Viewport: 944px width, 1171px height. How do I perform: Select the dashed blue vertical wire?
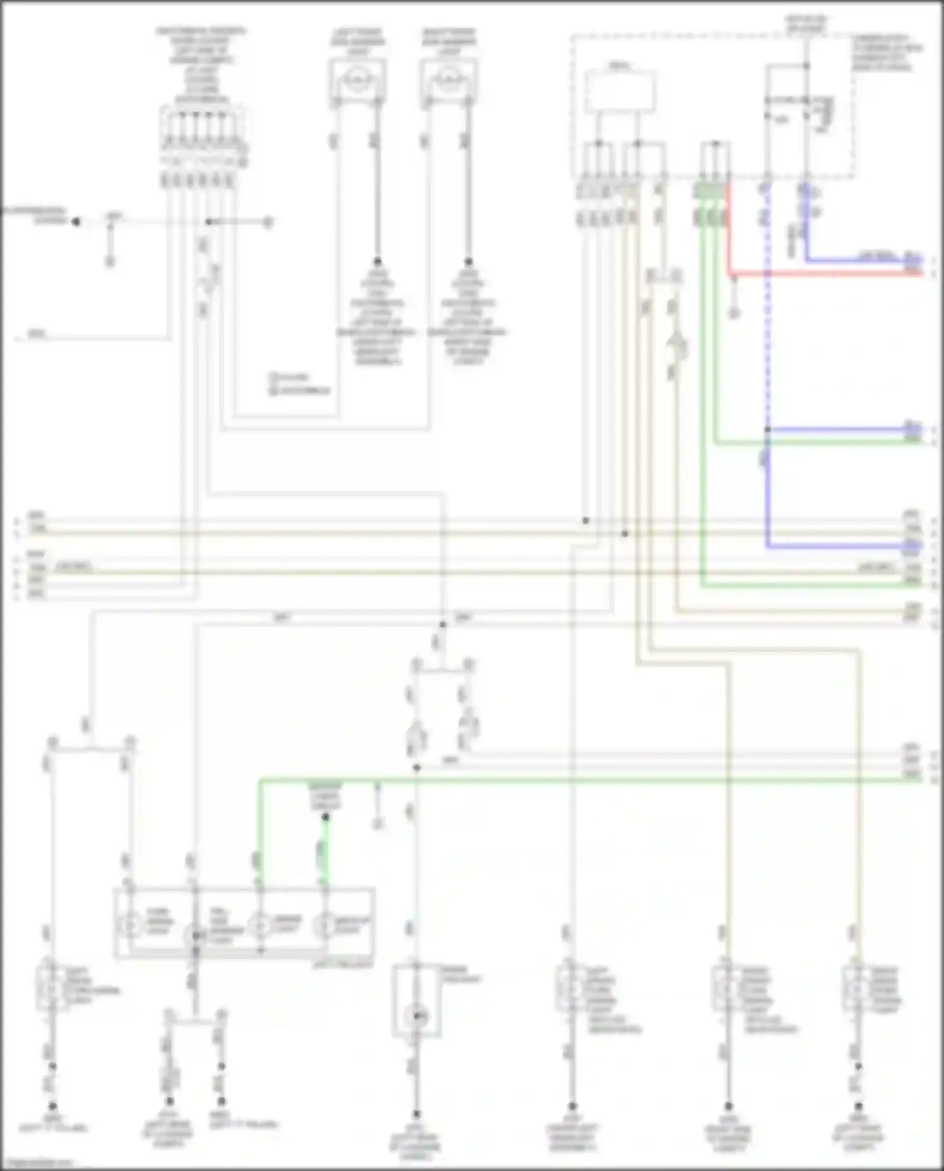(767, 315)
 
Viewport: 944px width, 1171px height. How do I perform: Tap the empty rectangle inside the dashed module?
(621, 92)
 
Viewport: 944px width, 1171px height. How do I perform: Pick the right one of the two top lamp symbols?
(448, 80)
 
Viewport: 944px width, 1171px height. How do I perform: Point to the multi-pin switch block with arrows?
(203, 135)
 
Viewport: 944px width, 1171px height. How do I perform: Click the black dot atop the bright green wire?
(325, 817)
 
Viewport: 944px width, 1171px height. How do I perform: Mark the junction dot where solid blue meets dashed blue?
(767, 430)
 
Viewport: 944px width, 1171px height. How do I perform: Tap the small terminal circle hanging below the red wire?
(734, 312)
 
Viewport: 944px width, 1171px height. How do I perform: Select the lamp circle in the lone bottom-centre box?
(417, 1015)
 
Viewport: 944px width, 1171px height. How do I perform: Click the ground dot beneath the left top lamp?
(378, 261)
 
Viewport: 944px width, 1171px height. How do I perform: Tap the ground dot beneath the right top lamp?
(468, 261)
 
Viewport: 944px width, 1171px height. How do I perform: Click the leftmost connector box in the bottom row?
(53, 987)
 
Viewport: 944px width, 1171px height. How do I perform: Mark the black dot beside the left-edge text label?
(76, 221)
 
